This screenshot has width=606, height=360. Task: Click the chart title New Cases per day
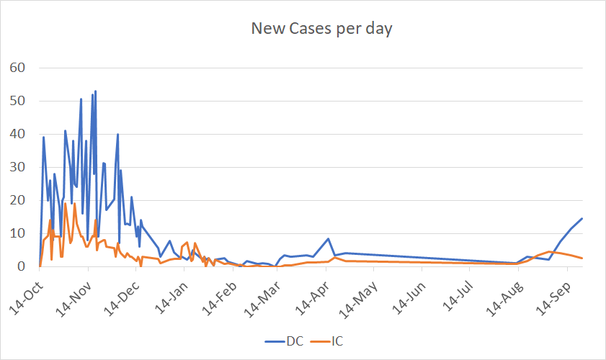321,29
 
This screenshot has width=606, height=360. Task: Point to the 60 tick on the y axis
18,68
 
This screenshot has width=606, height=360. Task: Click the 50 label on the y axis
18,101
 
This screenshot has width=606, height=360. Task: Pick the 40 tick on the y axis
18,134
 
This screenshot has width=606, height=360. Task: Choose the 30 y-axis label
18,167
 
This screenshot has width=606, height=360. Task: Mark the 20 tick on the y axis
18,200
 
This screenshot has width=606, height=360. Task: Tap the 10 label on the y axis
18,233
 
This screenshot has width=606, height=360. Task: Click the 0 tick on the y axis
22,266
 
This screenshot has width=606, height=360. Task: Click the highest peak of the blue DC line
95,91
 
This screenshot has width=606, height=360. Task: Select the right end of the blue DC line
582,219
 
